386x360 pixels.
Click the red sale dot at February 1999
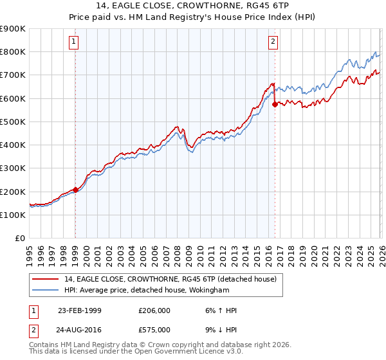pyautogui.click(x=75, y=190)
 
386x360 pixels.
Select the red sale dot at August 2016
pyautogui.click(x=275, y=104)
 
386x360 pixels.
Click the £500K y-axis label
pyautogui.click(x=14, y=122)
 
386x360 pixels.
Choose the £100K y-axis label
pyautogui.click(x=14, y=215)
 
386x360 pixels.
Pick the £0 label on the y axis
pyautogui.click(x=19, y=239)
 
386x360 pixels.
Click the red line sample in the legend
pyautogui.click(x=46, y=278)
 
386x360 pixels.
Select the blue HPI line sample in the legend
pyautogui.click(x=46, y=290)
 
